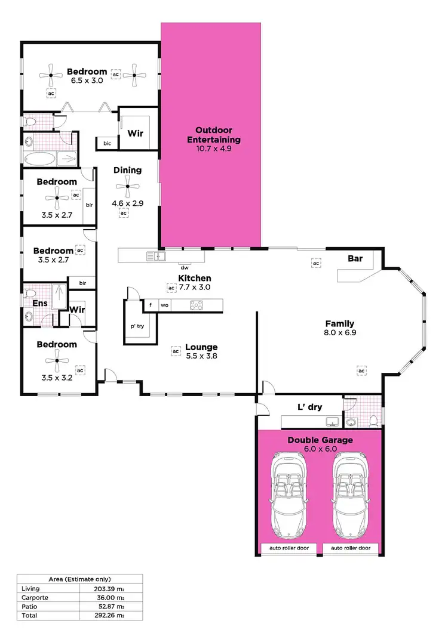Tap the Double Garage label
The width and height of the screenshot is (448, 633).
point(320,440)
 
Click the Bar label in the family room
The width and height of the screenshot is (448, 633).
point(356,259)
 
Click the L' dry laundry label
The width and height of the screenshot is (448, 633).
point(309,407)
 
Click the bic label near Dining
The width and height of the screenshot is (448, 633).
point(108,144)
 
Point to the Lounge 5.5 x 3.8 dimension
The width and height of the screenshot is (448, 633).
point(201,357)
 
